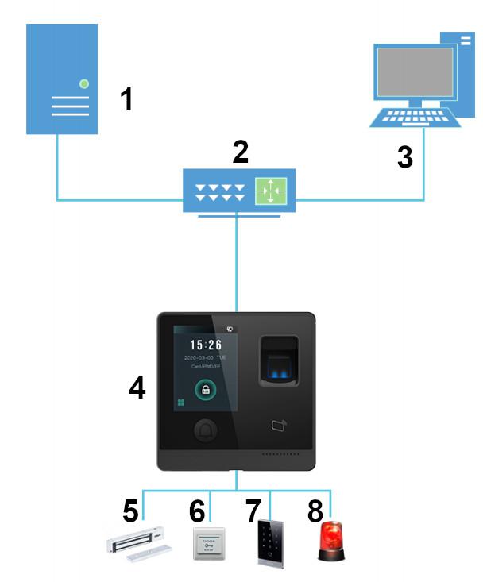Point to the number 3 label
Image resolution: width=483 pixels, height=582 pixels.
[x=404, y=156]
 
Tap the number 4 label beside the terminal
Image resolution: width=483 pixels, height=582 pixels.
[x=137, y=389]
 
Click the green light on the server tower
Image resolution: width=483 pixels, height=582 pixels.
[x=84, y=83]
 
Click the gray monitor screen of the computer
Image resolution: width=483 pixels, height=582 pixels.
[x=414, y=73]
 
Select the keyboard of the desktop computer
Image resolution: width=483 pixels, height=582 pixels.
[x=412, y=118]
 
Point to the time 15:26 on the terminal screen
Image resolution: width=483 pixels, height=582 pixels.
[x=206, y=345]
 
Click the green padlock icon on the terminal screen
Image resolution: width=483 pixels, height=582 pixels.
[x=206, y=390]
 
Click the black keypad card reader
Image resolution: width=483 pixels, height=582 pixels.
[x=269, y=544]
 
